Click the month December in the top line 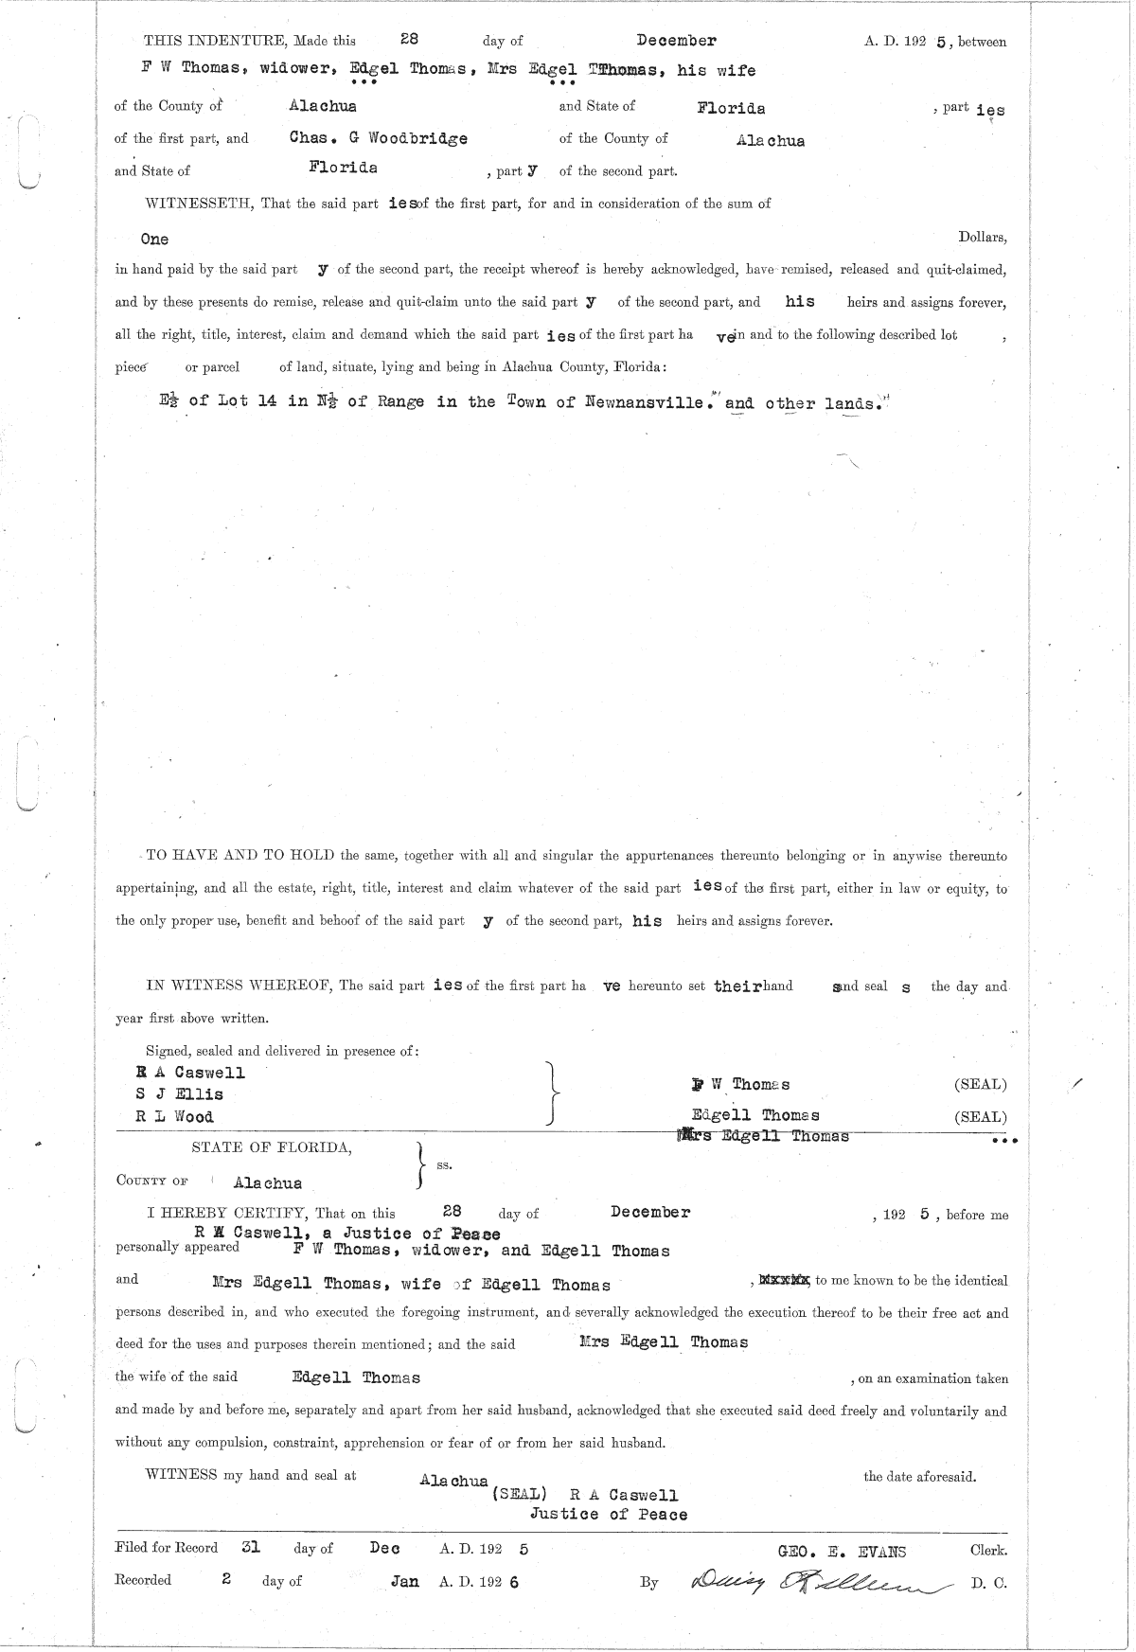click(x=676, y=41)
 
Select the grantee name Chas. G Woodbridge click(x=378, y=138)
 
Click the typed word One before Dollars click(x=154, y=240)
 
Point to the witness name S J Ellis click(x=180, y=1094)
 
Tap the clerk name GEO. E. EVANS click(x=841, y=1551)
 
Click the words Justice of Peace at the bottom click(x=608, y=1514)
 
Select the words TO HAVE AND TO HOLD click(x=240, y=856)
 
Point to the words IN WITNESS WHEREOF click(x=238, y=986)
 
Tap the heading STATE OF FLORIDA click(x=272, y=1147)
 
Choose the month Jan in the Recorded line click(x=404, y=1581)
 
